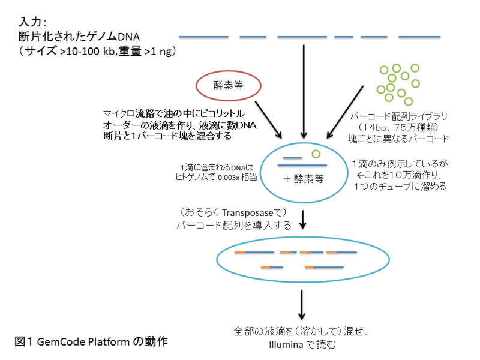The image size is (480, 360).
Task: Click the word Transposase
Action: point(247,213)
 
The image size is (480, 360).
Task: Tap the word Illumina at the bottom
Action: point(286,344)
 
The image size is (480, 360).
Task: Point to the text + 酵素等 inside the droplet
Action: point(304,179)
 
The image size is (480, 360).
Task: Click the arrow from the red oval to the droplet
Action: point(268,119)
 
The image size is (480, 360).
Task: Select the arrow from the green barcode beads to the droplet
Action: point(345,112)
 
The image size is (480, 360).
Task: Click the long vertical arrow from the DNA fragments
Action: point(304,92)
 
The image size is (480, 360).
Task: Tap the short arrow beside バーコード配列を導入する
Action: point(303,220)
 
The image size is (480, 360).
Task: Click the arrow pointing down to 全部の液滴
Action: point(302,305)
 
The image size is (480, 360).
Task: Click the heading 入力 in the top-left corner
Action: point(30,22)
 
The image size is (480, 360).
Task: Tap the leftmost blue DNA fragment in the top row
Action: point(203,37)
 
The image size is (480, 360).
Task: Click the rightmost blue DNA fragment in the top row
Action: point(419,37)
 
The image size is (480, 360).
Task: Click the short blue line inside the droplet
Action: point(293,158)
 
